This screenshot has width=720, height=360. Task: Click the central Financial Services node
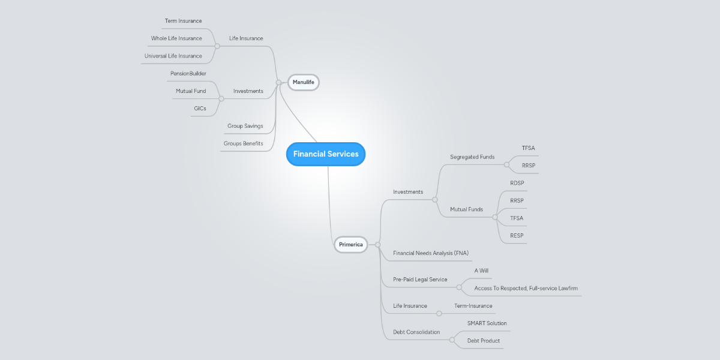[x=326, y=154]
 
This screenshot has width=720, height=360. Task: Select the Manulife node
[x=303, y=82]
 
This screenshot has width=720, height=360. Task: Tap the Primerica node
[x=350, y=244]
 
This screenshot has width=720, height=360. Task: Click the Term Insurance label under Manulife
[x=183, y=21]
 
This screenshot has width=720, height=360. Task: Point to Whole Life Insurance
[x=176, y=38]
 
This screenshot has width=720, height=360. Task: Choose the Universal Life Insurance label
[x=173, y=56]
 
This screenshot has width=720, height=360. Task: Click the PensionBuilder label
[x=188, y=73]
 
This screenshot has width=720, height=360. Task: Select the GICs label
[x=200, y=109]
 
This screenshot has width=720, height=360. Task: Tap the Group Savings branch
[x=245, y=126]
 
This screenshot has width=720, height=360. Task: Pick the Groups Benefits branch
[x=243, y=143]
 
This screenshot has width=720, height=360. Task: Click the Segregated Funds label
[x=472, y=157]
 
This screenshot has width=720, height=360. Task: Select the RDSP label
[x=517, y=183]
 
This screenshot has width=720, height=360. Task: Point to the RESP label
[x=517, y=236]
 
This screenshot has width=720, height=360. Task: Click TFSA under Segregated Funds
[x=528, y=148]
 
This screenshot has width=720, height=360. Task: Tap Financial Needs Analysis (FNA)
[x=430, y=253]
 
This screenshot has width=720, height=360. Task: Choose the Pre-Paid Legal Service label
[x=420, y=280]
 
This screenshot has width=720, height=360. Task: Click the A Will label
[x=481, y=271]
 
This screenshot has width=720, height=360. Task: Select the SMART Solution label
[x=487, y=323]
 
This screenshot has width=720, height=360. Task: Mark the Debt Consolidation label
[x=416, y=332]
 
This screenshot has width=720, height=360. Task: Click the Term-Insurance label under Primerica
[x=473, y=306]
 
